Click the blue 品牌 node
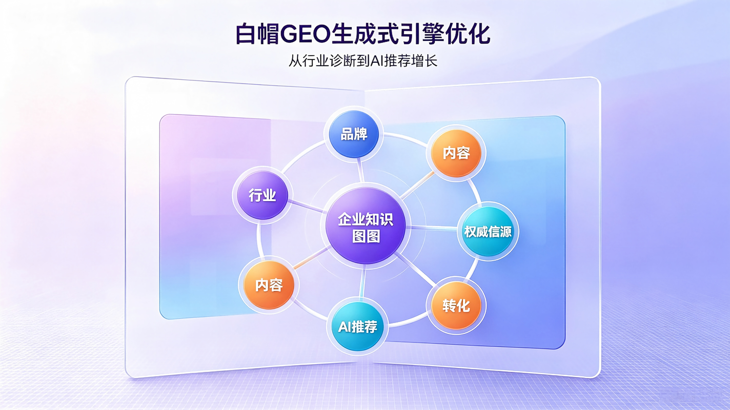pyautogui.click(x=354, y=134)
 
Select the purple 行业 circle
pyautogui.click(x=262, y=195)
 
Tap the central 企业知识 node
pyautogui.click(x=366, y=226)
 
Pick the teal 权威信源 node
pyautogui.click(x=488, y=231)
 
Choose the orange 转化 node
pyautogui.click(x=456, y=305)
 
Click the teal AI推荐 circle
pyautogui.click(x=358, y=327)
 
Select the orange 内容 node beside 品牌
pyautogui.click(x=456, y=153)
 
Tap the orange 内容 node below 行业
pyautogui.click(x=269, y=285)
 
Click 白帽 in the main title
pyautogui.click(x=257, y=34)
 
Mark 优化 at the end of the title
pyautogui.click(x=468, y=34)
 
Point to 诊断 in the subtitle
pyautogui.click(x=343, y=61)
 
